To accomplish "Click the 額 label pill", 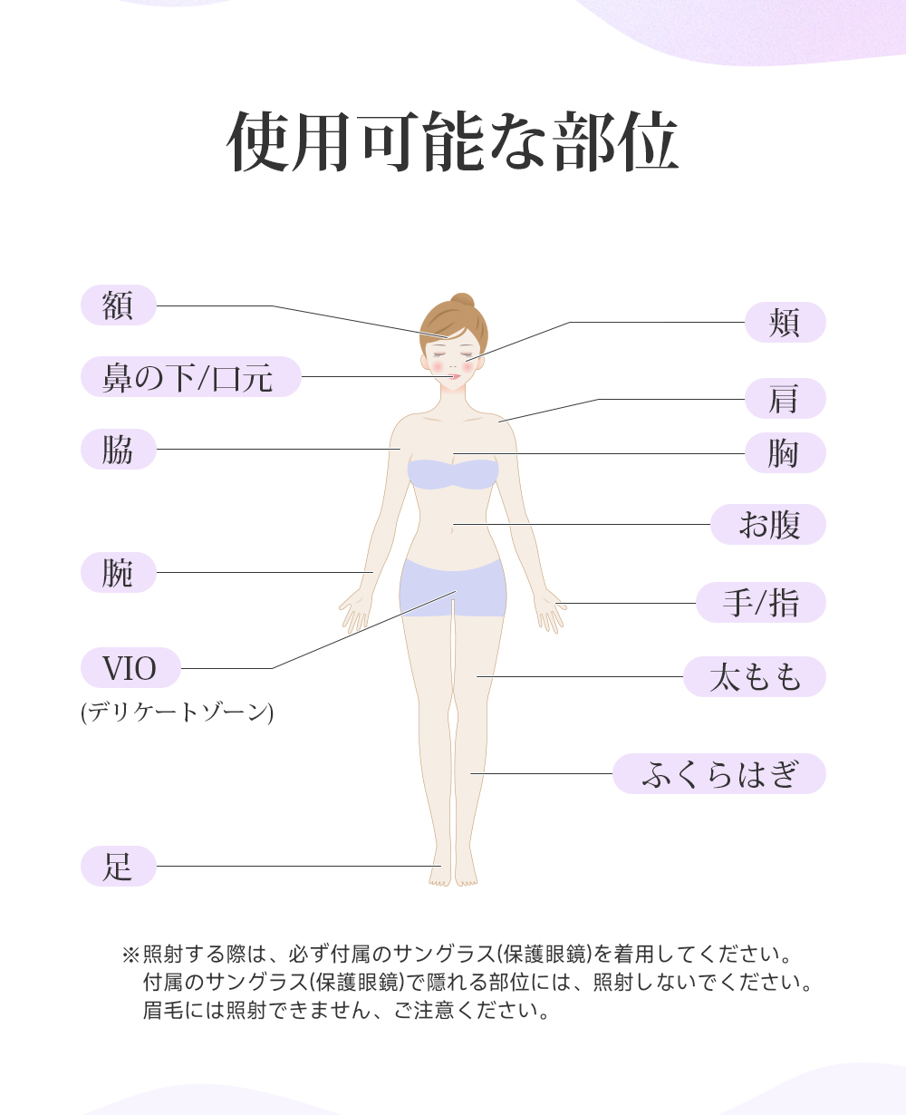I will click(x=119, y=305).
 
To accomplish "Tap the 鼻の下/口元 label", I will click(x=190, y=377).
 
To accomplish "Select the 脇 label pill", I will click(x=119, y=450).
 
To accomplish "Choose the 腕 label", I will click(x=119, y=573).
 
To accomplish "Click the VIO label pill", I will click(x=130, y=668).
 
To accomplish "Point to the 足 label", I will click(x=119, y=866).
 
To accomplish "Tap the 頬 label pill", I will click(x=785, y=322).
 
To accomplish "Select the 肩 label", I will click(x=785, y=399).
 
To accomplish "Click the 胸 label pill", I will click(x=785, y=453).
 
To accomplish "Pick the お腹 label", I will click(x=768, y=524).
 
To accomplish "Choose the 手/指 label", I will click(x=761, y=603).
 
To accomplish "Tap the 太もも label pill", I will click(x=755, y=676).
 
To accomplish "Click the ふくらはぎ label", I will click(x=719, y=774).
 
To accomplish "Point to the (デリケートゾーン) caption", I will click(x=177, y=712).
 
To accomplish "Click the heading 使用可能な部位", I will click(x=452, y=143).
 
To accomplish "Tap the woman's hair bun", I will click(x=462, y=302).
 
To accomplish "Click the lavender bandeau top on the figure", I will click(x=453, y=474).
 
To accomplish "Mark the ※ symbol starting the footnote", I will click(x=130, y=955).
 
